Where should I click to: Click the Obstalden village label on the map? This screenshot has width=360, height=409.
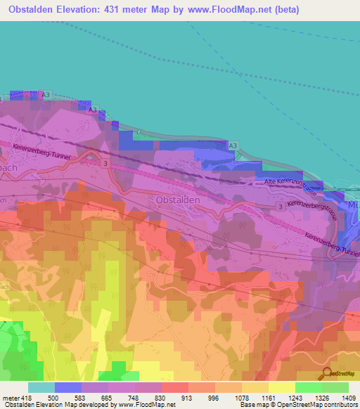[176, 200]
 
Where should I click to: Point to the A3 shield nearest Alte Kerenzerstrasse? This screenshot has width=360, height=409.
[232, 145]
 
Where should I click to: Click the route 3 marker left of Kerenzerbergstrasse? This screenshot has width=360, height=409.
[279, 207]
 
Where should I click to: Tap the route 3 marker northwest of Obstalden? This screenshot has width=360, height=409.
[106, 163]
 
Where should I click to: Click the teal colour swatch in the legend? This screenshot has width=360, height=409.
[41, 387]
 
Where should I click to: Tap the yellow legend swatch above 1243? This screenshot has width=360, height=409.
[281, 387]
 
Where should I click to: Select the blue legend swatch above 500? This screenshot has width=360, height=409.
[68, 387]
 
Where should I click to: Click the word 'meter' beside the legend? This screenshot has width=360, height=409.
[10, 398]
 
